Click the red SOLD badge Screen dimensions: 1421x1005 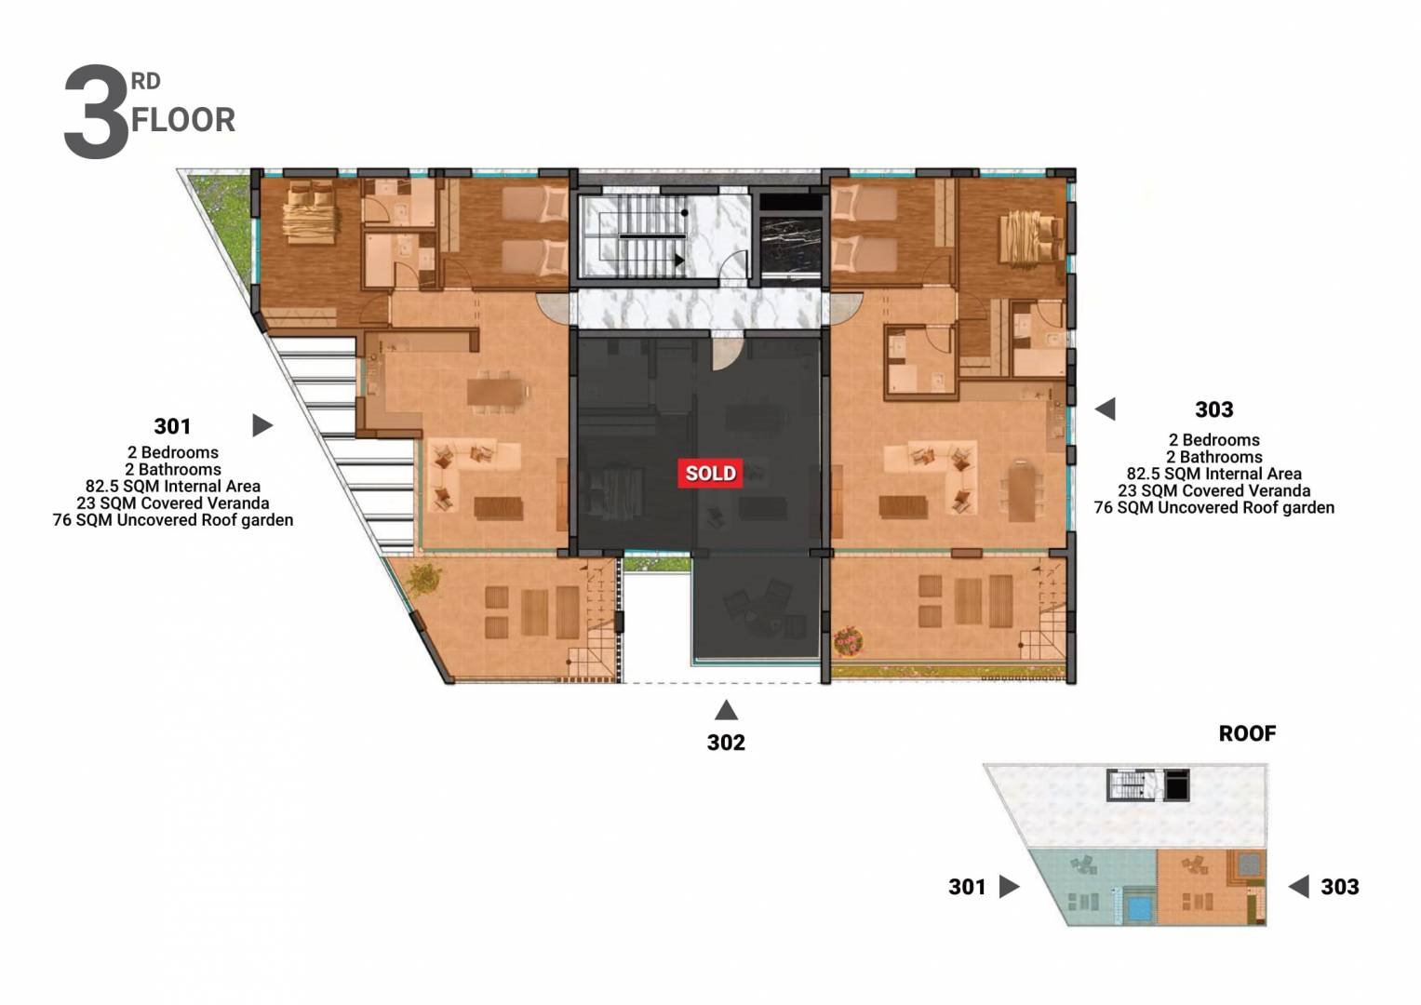point(711,474)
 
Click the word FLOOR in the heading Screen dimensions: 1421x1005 point(183,121)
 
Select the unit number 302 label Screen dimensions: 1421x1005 point(726,743)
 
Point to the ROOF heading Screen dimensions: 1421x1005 point(1247,733)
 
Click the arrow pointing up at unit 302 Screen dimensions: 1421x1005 point(726,710)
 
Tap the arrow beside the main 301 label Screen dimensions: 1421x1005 point(262,425)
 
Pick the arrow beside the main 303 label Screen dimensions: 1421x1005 point(1106,409)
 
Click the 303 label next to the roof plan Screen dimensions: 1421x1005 point(1340,886)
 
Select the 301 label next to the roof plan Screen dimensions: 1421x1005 point(967,886)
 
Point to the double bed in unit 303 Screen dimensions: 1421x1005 point(1031,238)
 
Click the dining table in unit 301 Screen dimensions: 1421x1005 point(496,392)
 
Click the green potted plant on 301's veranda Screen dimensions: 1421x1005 point(425,578)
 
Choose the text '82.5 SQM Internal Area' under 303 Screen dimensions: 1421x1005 point(1213,474)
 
